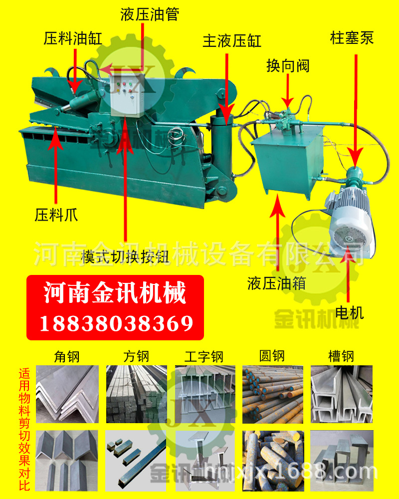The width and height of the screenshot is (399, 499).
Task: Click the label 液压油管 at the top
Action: tap(149, 14)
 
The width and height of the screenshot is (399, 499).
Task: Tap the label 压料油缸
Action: tap(73, 39)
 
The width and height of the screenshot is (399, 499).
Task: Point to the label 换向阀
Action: tap(288, 65)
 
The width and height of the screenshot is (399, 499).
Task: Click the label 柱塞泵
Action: tap(352, 38)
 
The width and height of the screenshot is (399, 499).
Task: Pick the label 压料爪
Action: tap(56, 216)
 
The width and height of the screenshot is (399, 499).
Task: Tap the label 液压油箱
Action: tap(276, 283)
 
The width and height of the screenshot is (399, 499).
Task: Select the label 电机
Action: tap(350, 312)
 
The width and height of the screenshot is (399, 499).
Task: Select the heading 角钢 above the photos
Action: tap(67, 356)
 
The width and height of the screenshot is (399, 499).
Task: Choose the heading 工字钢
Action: tap(203, 356)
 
